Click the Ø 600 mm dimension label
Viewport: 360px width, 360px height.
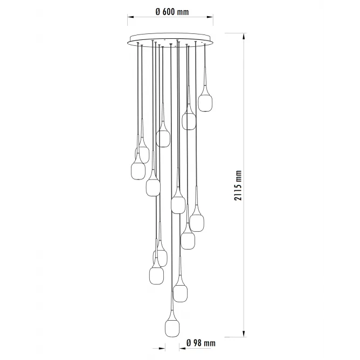(x=172, y=11)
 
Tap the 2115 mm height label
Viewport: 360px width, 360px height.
(x=238, y=185)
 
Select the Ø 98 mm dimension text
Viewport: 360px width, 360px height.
(x=201, y=343)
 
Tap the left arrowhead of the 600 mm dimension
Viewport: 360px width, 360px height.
(x=131, y=17)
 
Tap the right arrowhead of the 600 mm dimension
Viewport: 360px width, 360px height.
(x=210, y=17)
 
